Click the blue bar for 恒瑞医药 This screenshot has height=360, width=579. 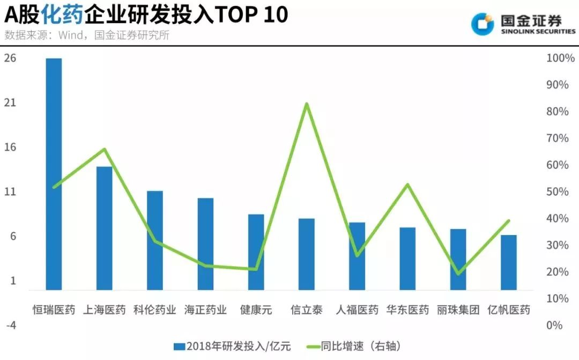(54, 174)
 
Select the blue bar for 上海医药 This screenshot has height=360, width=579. (104, 228)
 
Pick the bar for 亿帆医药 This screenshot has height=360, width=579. (509, 262)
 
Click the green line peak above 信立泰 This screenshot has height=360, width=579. (307, 104)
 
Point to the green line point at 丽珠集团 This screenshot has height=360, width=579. (458, 274)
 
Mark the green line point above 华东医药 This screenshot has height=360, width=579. (408, 185)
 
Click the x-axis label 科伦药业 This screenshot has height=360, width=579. (155, 310)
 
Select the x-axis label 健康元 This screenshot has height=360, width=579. (256, 310)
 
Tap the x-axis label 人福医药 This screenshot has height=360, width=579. (357, 310)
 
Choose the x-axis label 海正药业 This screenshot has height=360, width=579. (205, 310)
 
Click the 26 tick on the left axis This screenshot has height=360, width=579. (11, 58)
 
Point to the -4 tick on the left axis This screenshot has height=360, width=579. (11, 326)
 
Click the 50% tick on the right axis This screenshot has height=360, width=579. (558, 192)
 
